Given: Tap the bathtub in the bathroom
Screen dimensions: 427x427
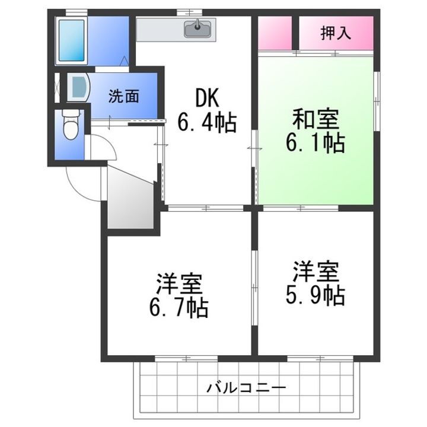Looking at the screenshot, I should point(72,41).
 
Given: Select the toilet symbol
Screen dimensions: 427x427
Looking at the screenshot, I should point(70,125).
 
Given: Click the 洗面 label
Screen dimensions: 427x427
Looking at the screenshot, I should point(123,96).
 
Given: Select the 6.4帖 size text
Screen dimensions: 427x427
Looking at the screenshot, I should point(207,123).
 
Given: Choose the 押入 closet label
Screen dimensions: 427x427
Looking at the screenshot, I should point(336,33).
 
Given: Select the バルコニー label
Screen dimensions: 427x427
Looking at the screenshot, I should point(246,388).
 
